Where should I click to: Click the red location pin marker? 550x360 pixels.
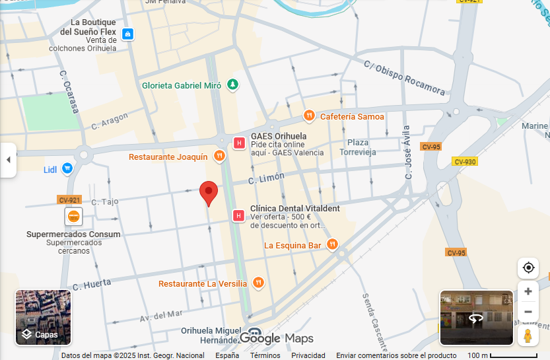209,193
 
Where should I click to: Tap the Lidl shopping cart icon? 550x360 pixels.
67,169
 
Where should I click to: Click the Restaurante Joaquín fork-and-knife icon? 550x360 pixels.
220,157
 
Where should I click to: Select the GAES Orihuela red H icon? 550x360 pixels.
240,143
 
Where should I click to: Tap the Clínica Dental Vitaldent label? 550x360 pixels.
294,208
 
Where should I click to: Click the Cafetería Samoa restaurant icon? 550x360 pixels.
309,116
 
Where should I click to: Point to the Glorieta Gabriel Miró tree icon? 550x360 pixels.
232,85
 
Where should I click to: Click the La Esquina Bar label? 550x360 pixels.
292,245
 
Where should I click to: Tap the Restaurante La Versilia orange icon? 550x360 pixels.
258,283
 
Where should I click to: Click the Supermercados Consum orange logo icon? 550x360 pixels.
73,216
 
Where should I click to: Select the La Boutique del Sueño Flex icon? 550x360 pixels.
127,34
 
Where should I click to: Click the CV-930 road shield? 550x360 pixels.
465,162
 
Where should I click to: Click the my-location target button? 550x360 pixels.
528,268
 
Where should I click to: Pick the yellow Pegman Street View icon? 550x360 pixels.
528,336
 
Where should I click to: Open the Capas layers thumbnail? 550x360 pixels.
43,318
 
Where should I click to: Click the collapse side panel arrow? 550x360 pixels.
8,160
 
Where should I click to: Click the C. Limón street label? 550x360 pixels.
267,178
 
